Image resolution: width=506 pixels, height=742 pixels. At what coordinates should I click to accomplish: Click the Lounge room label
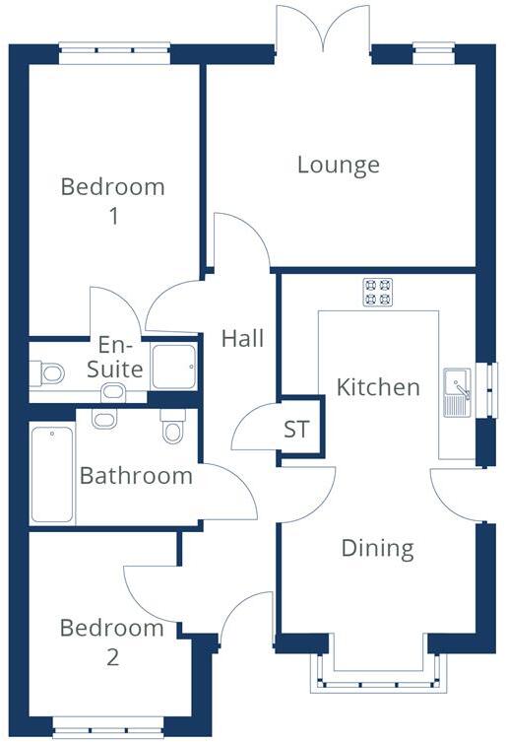coord(339,165)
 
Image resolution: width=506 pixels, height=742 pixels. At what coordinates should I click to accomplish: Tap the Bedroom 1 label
coord(113,201)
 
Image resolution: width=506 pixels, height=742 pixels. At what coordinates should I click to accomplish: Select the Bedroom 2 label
coord(111,641)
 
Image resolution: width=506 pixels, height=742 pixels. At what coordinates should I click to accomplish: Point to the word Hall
coord(242,339)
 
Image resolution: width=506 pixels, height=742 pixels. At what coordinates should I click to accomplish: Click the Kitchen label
coord(378,387)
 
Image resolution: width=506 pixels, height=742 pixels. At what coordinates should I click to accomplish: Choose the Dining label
coord(377,548)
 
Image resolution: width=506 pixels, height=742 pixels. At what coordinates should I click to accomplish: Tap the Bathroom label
coord(136,476)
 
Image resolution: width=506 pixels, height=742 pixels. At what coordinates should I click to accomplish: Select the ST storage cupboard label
coord(296,430)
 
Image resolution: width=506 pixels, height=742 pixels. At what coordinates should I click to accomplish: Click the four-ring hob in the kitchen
coord(377,292)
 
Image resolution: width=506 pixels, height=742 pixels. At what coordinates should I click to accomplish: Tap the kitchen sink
coord(458,392)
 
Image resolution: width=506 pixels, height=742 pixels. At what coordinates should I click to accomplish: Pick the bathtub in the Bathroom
coord(52,475)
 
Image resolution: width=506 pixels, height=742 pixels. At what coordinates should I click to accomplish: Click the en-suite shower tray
coord(175,367)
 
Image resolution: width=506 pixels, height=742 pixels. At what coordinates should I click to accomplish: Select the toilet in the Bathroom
coord(173,428)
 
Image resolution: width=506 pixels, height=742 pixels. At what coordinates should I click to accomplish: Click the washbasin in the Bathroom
coord(102,417)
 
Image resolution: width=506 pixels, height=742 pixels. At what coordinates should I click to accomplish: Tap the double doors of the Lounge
coord(323,27)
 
